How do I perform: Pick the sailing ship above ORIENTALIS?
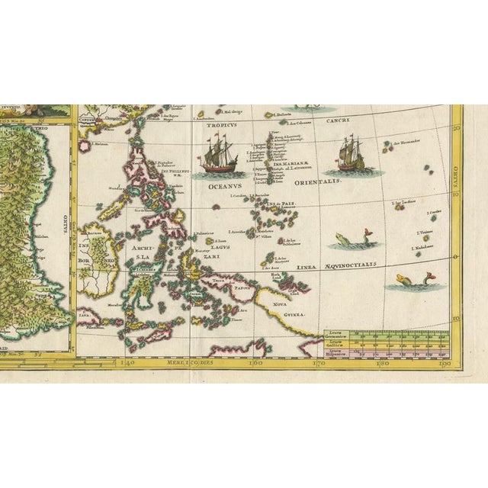tap(349, 155)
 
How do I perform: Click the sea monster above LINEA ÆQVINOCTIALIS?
tap(347, 242)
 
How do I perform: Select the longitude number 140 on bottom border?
tap(127, 363)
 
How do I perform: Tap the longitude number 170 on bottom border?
tap(321, 363)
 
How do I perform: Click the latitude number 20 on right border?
tap(457, 130)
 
